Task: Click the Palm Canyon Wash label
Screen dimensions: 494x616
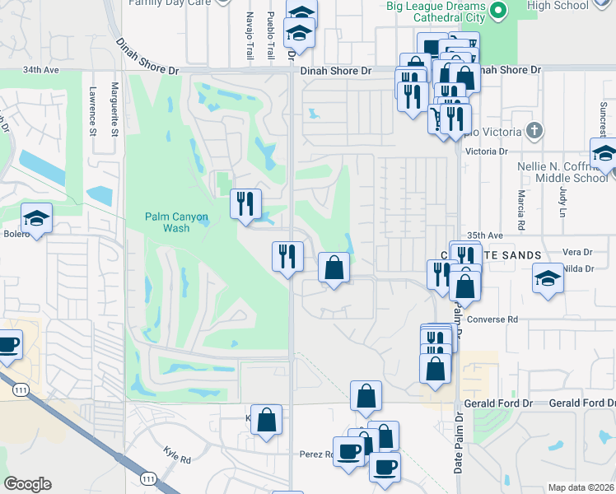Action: [176, 222]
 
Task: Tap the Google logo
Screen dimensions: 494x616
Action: [27, 484]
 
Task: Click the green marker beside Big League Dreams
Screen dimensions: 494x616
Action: [497, 12]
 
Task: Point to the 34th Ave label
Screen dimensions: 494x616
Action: [41, 71]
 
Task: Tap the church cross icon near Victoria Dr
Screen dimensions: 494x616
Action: [534, 130]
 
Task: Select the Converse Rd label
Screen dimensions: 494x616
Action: [491, 319]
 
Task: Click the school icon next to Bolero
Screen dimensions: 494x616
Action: [36, 218]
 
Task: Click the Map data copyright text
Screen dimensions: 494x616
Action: [581, 487]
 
